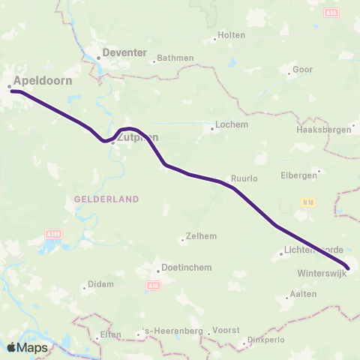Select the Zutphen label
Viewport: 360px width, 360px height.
(x=137, y=136)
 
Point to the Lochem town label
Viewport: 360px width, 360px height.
(x=226, y=125)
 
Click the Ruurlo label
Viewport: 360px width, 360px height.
(x=244, y=178)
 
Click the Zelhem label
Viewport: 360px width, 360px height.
(x=202, y=236)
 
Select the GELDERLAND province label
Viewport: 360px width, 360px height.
(x=106, y=199)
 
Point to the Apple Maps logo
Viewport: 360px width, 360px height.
(x=28, y=348)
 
